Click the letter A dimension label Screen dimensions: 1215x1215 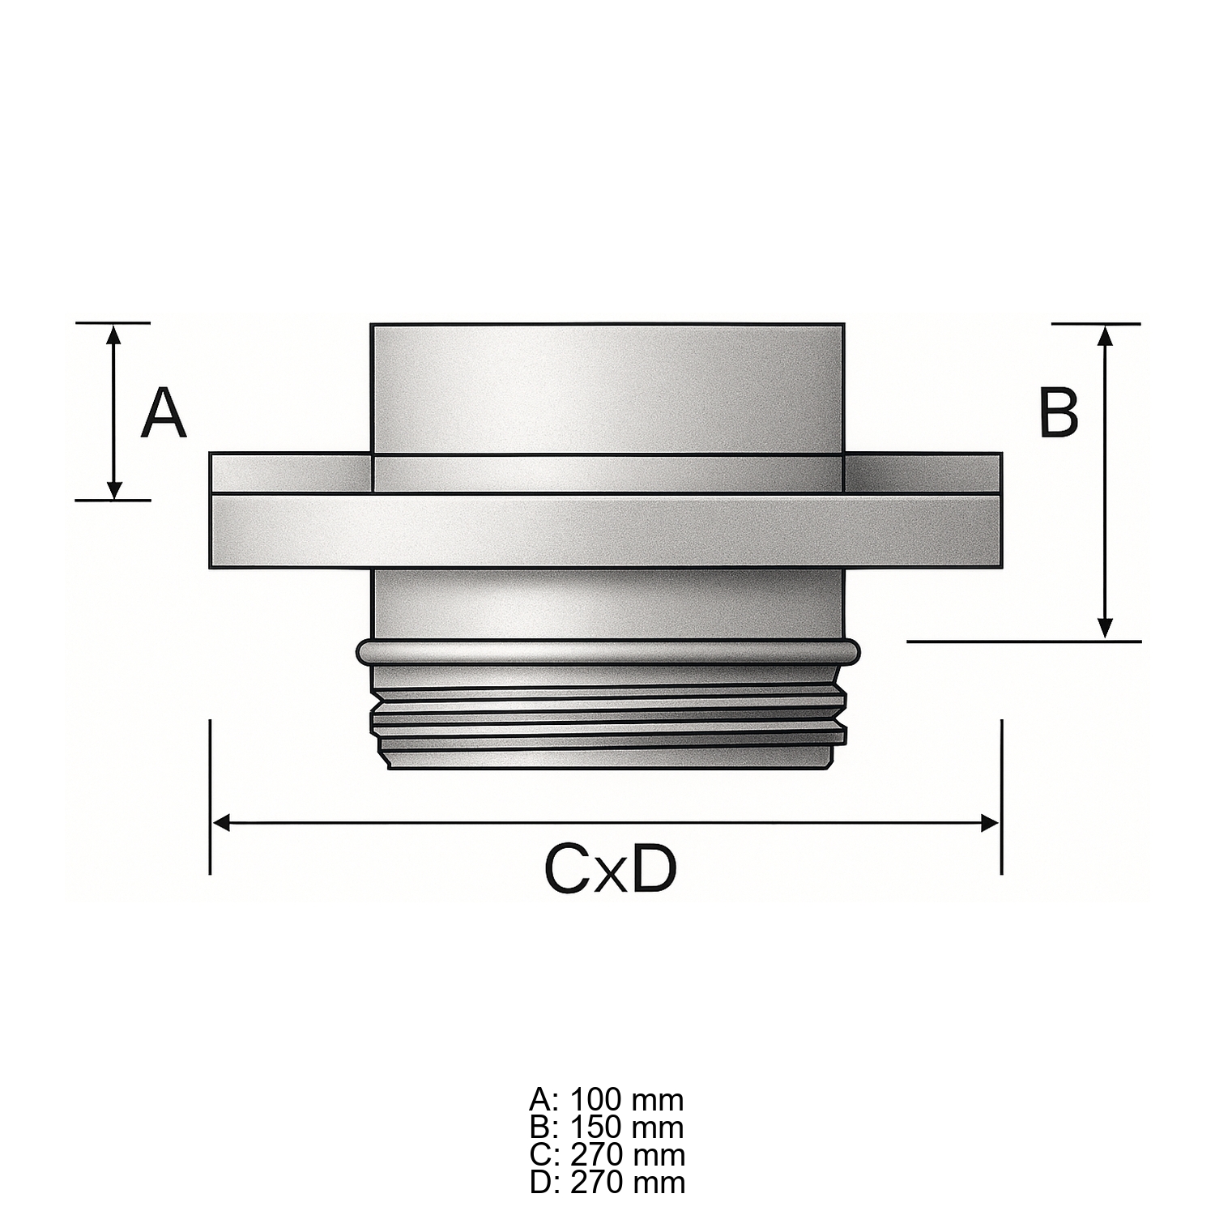click(x=164, y=413)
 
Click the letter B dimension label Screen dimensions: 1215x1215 click(x=1059, y=412)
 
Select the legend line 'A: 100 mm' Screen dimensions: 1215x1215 click(x=607, y=1100)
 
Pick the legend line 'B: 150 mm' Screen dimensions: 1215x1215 click(x=607, y=1128)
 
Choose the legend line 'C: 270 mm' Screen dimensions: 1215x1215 click(x=607, y=1154)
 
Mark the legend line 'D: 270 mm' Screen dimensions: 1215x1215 click(x=607, y=1182)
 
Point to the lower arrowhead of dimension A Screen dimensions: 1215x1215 click(x=114, y=489)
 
